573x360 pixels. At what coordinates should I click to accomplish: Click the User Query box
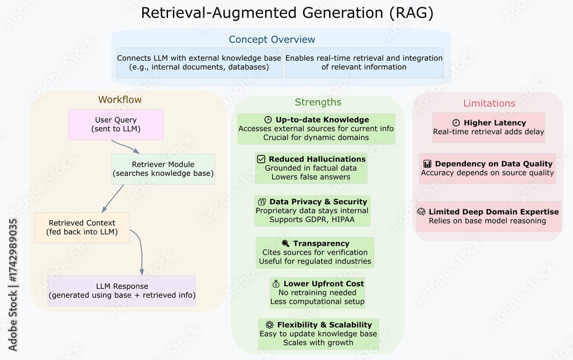click(x=116, y=124)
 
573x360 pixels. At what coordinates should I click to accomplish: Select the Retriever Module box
click(x=163, y=169)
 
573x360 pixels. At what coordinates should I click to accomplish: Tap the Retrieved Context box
click(x=82, y=227)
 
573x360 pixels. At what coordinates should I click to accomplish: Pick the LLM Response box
click(x=122, y=291)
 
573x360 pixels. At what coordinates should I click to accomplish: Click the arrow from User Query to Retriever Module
click(x=127, y=147)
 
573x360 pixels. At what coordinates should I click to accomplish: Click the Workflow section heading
click(x=120, y=100)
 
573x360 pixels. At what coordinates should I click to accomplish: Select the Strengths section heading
click(x=318, y=103)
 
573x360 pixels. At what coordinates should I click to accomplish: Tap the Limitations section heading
click(x=489, y=103)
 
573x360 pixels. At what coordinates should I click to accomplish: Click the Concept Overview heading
click(x=272, y=40)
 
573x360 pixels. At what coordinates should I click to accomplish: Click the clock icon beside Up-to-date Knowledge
click(x=268, y=120)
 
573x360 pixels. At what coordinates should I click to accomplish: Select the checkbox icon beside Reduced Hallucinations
click(x=261, y=159)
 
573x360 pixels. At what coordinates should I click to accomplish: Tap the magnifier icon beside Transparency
click(x=285, y=244)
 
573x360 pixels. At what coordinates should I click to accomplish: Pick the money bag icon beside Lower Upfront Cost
click(x=276, y=284)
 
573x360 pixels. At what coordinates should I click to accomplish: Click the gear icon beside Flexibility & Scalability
click(x=269, y=324)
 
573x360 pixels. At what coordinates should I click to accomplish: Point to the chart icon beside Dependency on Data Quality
click(x=427, y=163)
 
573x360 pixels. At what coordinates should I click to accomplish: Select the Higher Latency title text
click(x=494, y=123)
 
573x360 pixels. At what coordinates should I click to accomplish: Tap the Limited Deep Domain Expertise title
click(x=493, y=212)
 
